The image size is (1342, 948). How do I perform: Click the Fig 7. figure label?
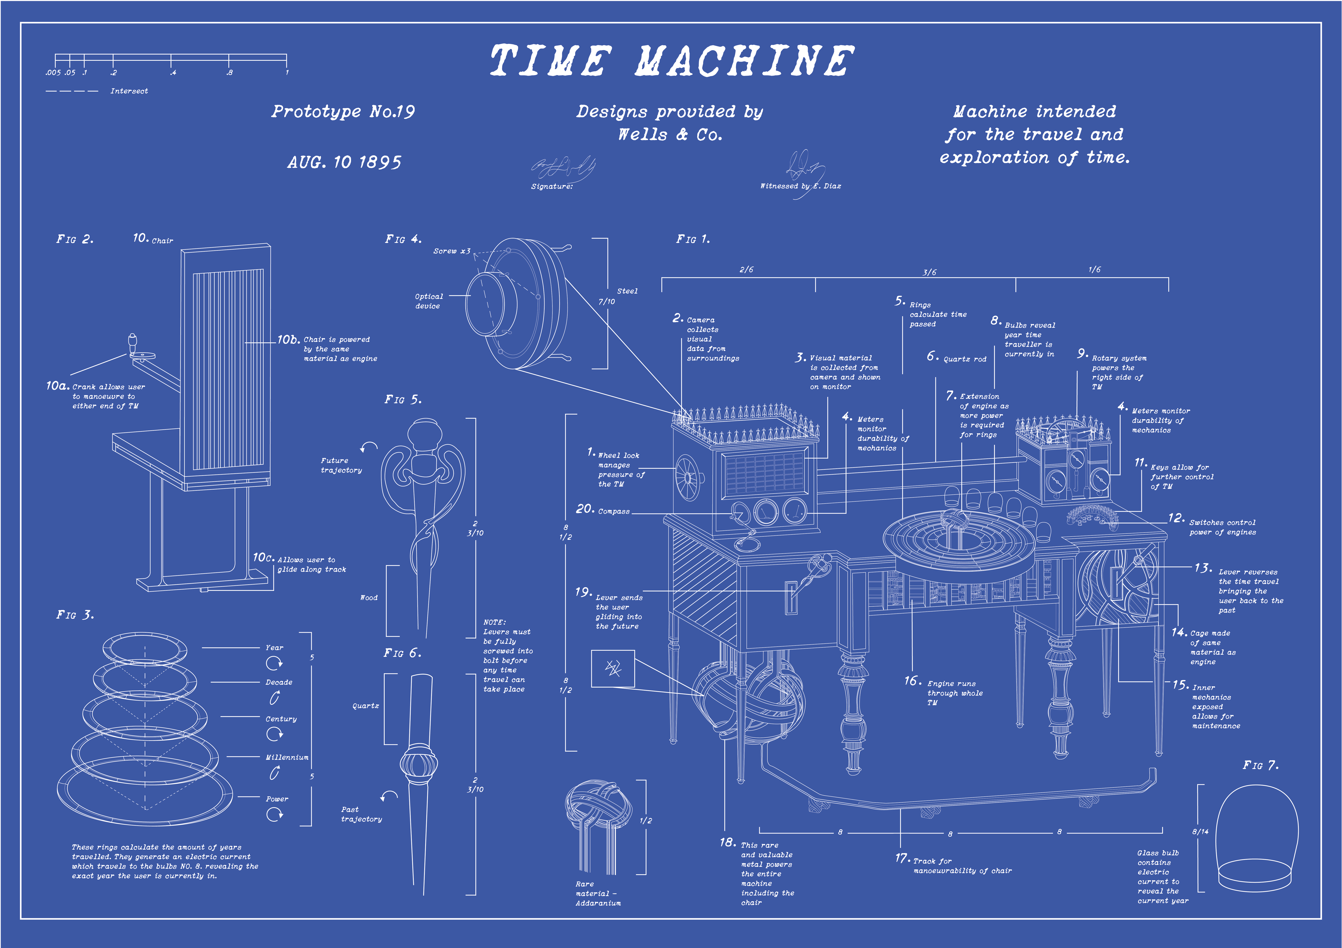1260,765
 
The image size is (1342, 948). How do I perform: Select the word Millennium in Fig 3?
287,757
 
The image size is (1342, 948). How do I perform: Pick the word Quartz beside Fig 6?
365,706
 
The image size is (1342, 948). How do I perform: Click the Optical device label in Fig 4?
428,301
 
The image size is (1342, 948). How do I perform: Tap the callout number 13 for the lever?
1203,568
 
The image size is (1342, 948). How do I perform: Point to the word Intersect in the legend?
129,91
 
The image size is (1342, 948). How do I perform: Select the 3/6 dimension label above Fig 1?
929,272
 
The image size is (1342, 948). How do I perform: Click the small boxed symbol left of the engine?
612,668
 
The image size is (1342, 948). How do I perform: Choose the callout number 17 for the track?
902,858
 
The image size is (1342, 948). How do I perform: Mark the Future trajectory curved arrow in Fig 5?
369,447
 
